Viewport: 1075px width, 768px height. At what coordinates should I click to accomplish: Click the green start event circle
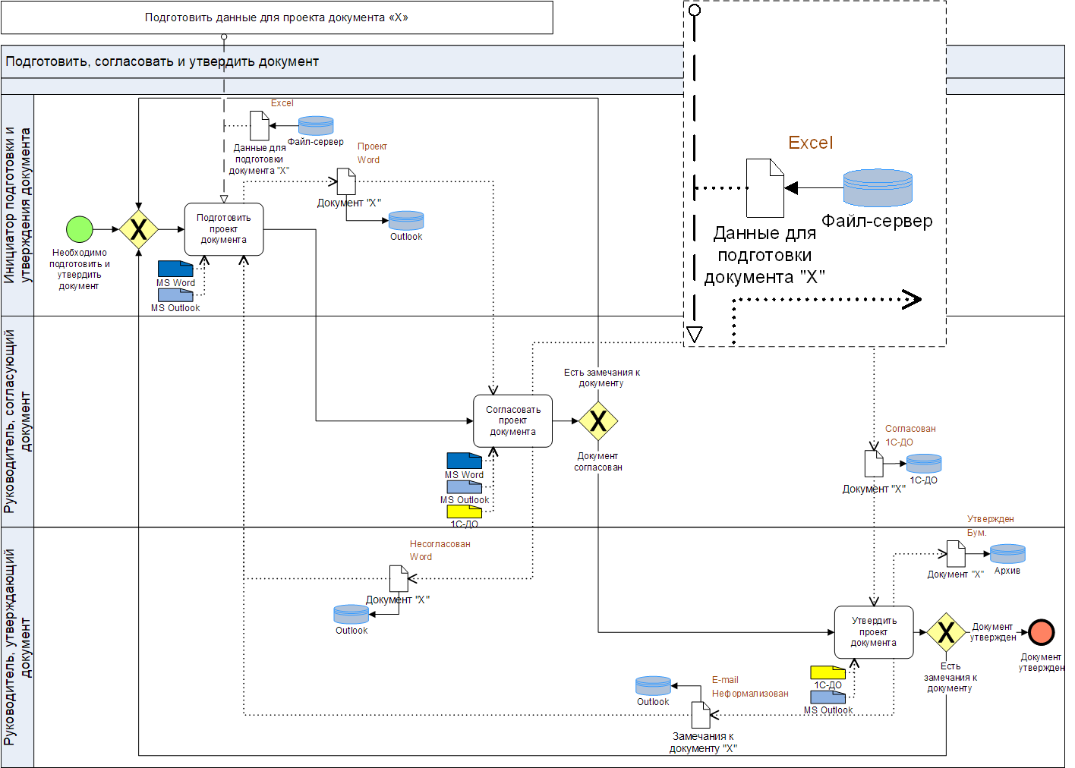80,229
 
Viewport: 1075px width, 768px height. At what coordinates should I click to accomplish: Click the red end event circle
1042,632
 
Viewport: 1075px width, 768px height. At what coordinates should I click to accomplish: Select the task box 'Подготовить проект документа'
224,229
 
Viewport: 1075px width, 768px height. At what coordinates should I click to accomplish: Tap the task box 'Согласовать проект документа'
512,420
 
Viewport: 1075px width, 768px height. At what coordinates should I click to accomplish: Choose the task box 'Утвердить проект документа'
873,632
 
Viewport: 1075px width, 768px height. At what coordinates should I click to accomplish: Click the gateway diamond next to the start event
138,229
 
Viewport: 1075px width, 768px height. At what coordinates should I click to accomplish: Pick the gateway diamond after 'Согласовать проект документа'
598,420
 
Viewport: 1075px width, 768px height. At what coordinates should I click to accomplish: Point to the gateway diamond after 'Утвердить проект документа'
946,632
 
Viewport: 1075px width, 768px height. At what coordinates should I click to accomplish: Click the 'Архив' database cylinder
1007,554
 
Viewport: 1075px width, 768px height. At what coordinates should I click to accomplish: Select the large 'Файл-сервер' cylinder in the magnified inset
878,188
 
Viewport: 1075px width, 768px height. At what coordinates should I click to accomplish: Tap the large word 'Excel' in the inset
810,143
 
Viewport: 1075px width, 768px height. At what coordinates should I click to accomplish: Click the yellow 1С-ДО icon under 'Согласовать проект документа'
464,511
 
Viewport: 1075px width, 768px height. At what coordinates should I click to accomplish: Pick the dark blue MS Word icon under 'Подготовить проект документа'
175,268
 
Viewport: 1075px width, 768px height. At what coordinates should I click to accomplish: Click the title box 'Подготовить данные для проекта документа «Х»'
276,17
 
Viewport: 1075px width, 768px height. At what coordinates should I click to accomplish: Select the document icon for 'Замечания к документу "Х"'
700,715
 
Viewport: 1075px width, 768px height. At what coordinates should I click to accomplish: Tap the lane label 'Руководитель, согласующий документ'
17,421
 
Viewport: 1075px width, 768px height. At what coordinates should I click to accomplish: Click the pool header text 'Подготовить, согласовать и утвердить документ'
162,61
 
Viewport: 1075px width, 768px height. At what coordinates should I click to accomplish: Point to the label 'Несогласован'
440,544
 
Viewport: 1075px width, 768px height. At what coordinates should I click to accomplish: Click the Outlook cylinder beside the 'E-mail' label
653,686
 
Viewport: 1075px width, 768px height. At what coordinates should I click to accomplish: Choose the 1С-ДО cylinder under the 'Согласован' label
924,463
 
